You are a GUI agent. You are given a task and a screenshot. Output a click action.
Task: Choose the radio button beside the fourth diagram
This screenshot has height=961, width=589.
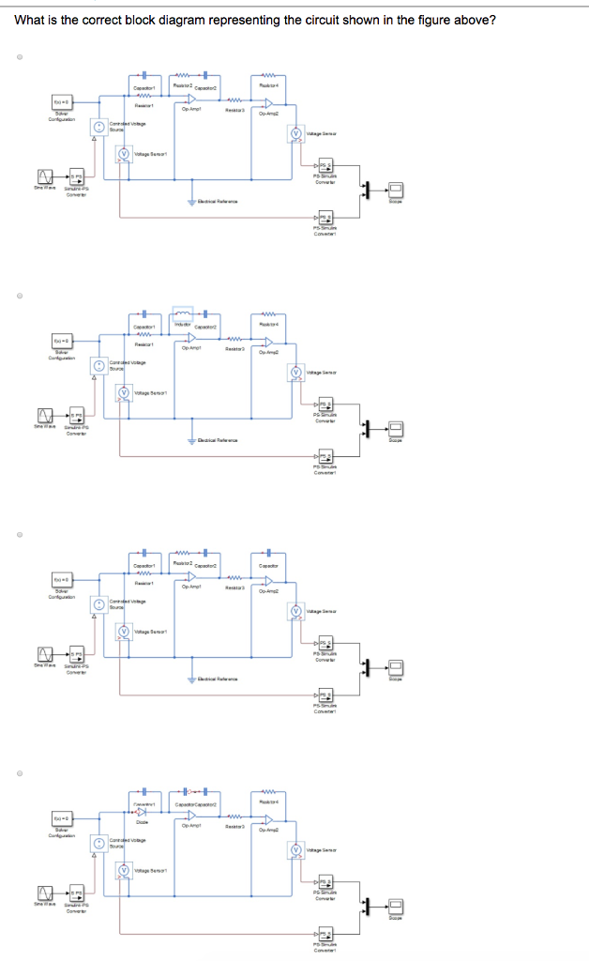pos(18,775)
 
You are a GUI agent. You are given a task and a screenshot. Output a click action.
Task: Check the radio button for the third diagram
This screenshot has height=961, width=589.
pos(18,535)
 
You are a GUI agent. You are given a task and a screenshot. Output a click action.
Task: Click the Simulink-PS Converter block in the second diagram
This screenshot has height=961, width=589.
pos(76,415)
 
